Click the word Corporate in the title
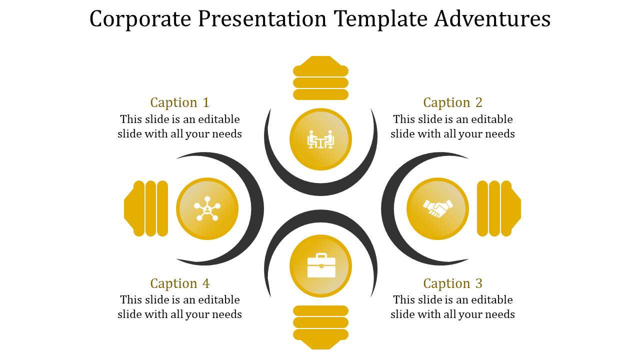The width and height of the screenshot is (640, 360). tap(140, 19)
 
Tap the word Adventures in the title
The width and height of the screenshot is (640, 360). tap(492, 19)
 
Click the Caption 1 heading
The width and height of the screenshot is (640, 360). tap(180, 102)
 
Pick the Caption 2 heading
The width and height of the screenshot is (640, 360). tap(453, 102)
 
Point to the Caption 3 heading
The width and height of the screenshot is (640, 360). tap(453, 283)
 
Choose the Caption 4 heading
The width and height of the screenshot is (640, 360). tap(180, 283)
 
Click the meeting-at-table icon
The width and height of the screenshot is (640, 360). tap(320, 139)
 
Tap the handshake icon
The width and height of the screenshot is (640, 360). tap(437, 208)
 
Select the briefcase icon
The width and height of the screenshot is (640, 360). tap(321, 265)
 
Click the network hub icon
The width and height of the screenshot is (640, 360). tap(207, 208)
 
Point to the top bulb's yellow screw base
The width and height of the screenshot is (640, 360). tap(320, 78)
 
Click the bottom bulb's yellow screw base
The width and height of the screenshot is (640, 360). tap(320, 327)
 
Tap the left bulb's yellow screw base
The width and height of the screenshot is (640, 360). tap(146, 208)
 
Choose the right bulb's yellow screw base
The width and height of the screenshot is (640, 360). tap(499, 208)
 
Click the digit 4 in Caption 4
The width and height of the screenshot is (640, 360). tap(206, 283)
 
